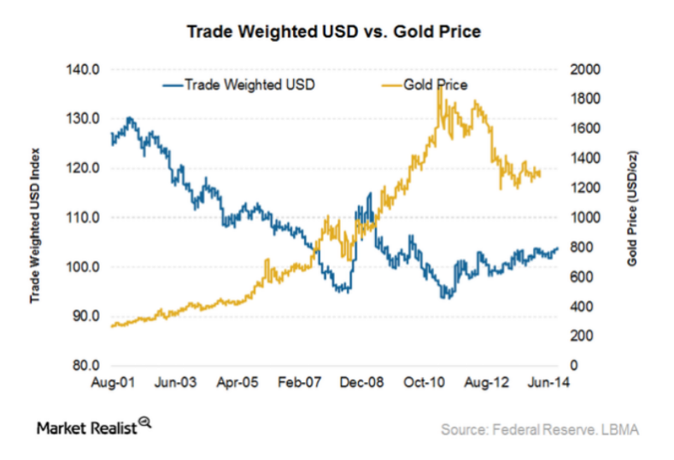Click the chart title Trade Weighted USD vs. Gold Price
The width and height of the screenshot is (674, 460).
[335, 32]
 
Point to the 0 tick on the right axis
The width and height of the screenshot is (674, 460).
[577, 366]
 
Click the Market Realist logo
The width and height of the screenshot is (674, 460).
[94, 427]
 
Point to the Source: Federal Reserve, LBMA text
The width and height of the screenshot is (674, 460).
[539, 428]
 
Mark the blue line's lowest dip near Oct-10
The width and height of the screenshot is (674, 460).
[445, 297]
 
